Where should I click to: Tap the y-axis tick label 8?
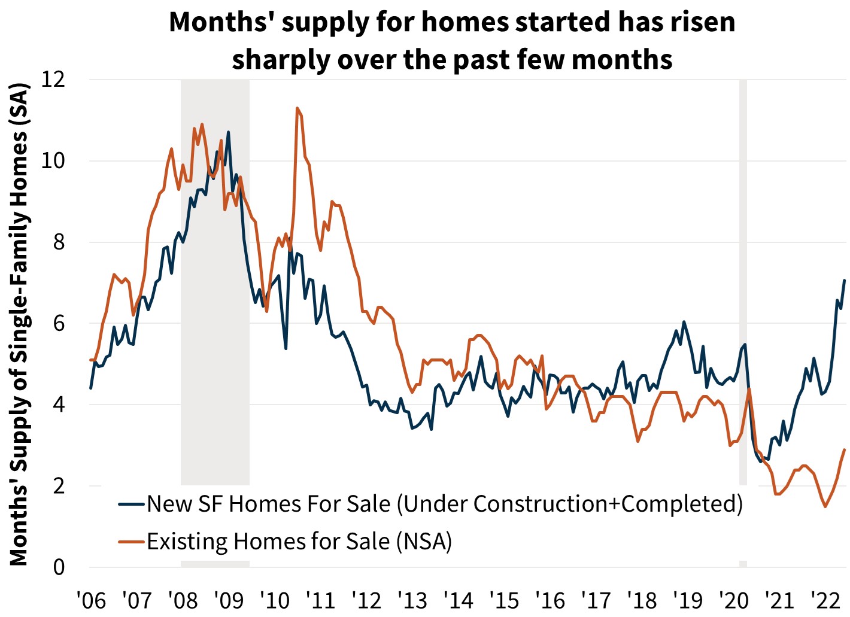59,242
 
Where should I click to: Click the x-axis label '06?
91,600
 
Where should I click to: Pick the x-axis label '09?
229,600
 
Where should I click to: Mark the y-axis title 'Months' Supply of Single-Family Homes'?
19,323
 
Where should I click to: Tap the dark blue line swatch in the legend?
132,504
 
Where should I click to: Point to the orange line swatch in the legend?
132,542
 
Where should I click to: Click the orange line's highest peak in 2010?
297,108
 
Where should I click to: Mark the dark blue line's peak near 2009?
228,132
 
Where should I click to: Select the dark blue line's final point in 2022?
845,280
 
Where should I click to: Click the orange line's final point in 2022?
845,449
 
